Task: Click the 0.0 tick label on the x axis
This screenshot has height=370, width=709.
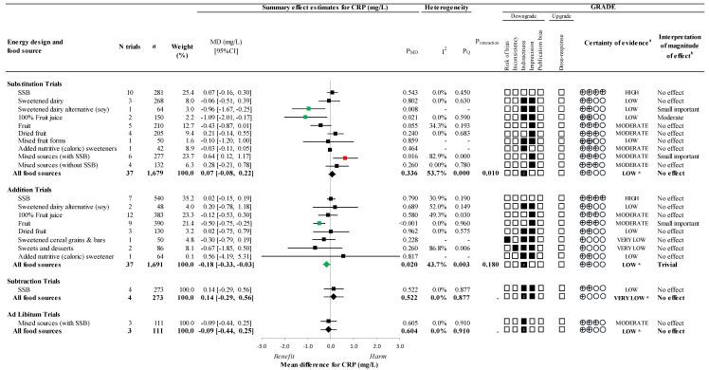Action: (x=330, y=346)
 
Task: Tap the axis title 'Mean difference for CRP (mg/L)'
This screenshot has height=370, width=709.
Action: (x=330, y=363)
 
